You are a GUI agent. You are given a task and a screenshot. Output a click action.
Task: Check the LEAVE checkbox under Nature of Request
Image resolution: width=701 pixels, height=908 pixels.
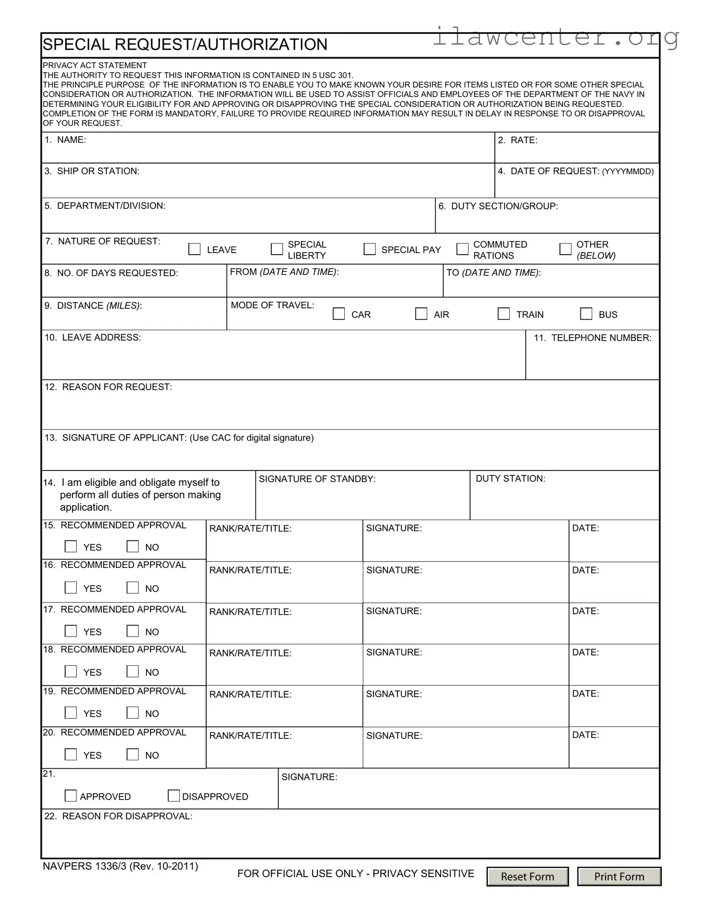click(x=194, y=249)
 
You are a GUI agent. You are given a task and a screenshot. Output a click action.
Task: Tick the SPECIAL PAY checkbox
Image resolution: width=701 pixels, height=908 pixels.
click(x=370, y=249)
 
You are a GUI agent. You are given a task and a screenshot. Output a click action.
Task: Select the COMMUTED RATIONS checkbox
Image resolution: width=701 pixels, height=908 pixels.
click(x=462, y=249)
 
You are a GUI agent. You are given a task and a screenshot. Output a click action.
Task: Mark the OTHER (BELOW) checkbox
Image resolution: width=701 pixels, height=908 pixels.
click(x=565, y=249)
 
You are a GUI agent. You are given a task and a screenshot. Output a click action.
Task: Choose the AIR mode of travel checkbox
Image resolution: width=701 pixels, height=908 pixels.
click(x=421, y=314)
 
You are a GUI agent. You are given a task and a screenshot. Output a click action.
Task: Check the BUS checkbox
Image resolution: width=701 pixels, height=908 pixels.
click(x=586, y=314)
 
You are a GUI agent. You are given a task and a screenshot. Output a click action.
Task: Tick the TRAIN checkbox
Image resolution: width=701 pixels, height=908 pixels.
click(x=504, y=314)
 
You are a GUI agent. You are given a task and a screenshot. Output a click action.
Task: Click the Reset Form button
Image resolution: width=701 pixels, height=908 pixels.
click(x=527, y=876)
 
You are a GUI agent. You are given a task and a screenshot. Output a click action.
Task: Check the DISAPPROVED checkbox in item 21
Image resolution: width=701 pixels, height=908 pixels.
click(x=173, y=796)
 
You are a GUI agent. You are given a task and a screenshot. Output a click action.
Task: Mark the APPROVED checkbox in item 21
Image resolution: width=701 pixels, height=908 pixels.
click(x=71, y=796)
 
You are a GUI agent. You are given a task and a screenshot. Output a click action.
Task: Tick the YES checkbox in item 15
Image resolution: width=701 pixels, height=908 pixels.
click(x=71, y=546)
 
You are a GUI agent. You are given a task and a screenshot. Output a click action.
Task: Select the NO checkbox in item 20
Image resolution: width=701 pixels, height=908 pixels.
click(x=133, y=754)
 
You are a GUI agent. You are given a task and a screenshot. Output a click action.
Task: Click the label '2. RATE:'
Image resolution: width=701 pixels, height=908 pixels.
click(x=518, y=140)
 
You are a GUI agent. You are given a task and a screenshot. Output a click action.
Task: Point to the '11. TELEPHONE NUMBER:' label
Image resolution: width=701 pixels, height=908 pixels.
click(x=592, y=338)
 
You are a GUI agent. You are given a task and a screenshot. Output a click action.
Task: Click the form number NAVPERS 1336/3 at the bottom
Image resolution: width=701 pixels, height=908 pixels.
click(x=120, y=866)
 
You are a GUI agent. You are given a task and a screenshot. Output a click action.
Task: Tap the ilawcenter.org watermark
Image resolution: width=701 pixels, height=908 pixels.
click(x=555, y=37)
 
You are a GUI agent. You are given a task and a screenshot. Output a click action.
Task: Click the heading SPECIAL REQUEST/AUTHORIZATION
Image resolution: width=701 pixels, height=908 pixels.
click(x=185, y=45)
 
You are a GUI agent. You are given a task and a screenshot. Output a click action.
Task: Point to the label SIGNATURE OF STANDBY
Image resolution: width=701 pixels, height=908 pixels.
click(x=317, y=479)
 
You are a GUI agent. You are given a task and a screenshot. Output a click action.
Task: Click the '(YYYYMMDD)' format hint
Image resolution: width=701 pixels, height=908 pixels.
click(x=628, y=172)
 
